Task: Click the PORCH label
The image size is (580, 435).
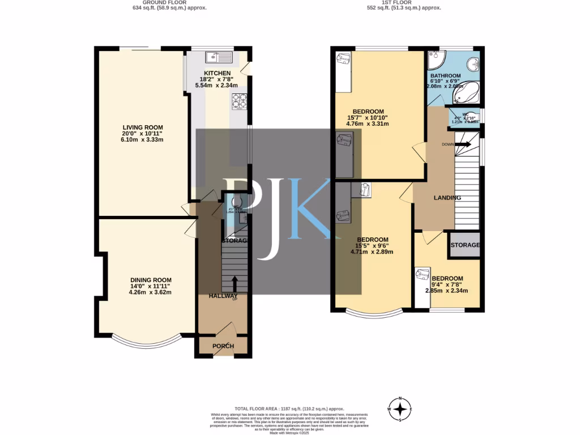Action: [223, 346]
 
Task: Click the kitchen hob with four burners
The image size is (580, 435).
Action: [239, 100]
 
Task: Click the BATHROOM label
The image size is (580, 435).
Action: [445, 75]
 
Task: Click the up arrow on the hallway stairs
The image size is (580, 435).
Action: [235, 282]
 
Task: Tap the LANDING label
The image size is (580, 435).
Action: [447, 198]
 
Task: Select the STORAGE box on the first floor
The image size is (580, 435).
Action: [464, 245]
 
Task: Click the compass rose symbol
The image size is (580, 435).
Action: [400, 408]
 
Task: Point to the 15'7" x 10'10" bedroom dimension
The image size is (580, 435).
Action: [368, 118]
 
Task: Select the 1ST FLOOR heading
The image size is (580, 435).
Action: [404, 2]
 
